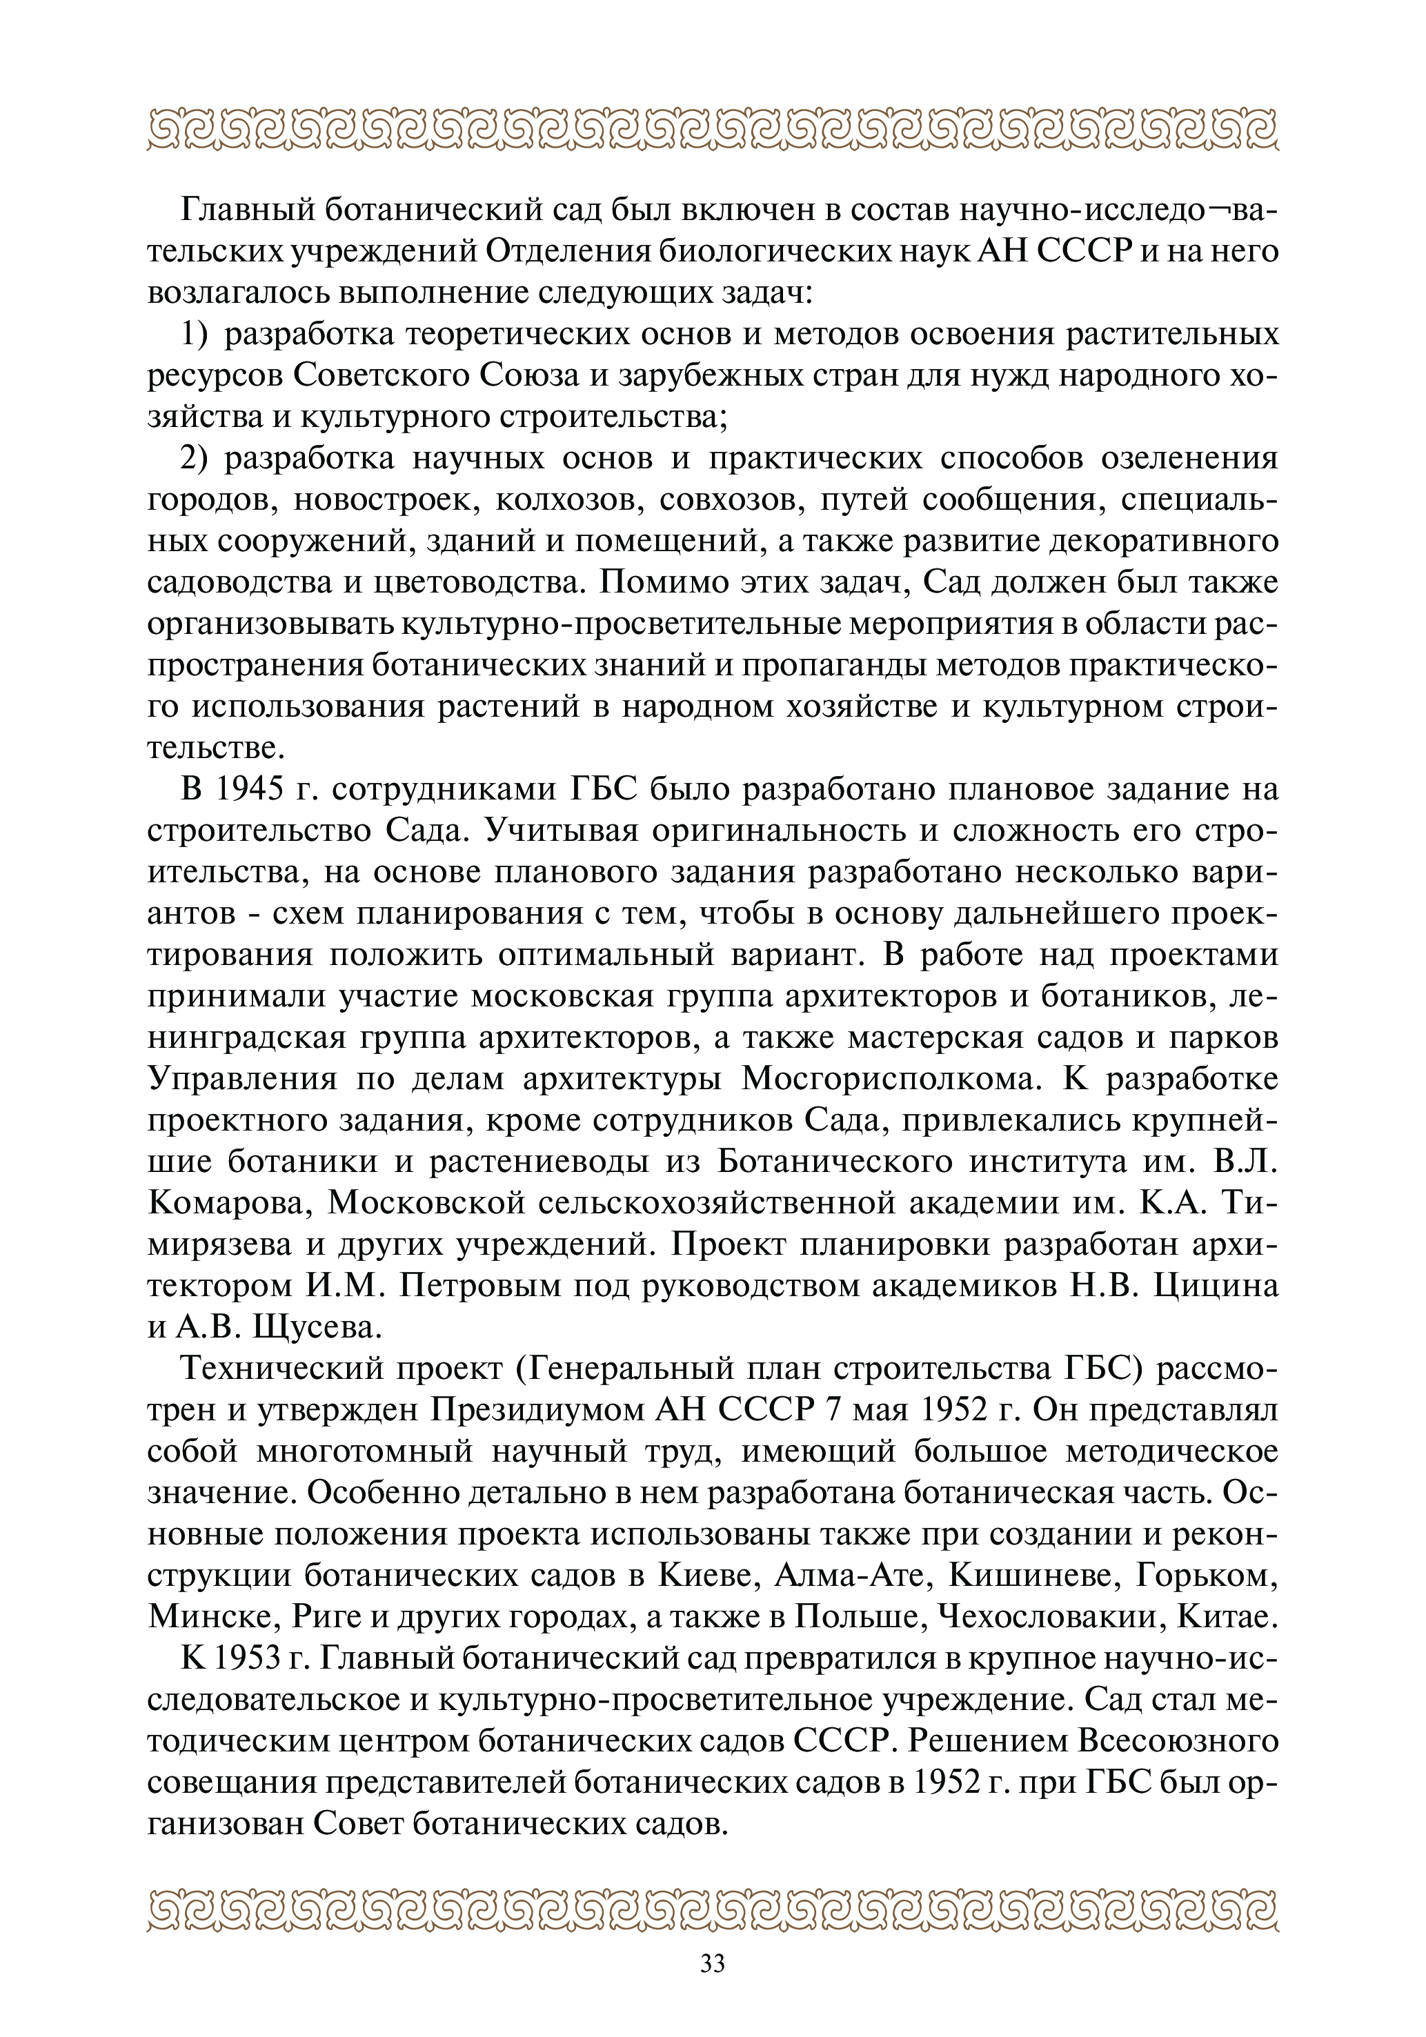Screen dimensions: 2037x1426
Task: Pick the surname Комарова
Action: pos(230,1203)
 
